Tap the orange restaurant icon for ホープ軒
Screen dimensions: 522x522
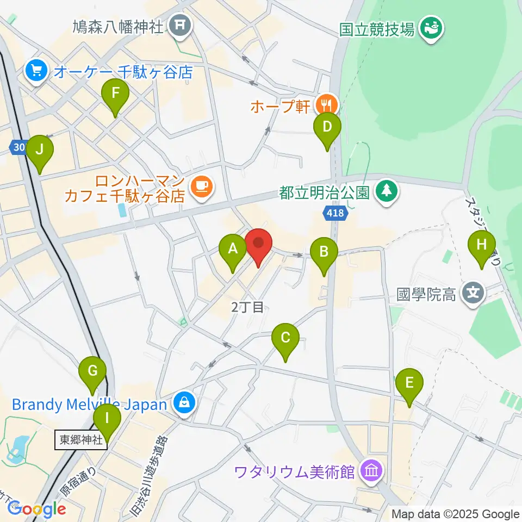[x=326, y=103]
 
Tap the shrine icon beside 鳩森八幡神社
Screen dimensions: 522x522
[x=180, y=25]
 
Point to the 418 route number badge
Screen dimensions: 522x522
[x=335, y=213]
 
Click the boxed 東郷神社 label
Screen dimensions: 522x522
[x=80, y=440]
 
